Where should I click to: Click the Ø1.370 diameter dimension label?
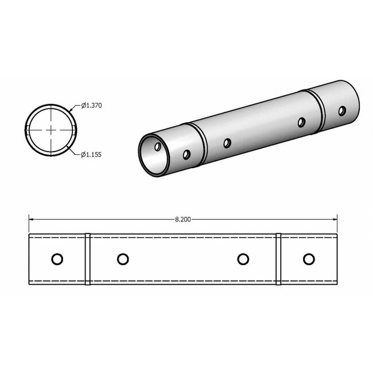(91, 105)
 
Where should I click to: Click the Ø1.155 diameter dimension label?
(91, 154)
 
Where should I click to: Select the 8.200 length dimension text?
(184, 219)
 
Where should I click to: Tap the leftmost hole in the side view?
(57, 259)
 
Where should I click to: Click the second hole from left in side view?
(122, 259)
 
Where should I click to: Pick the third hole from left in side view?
(243, 259)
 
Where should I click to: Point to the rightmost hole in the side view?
(309, 259)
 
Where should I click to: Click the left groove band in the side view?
(88, 259)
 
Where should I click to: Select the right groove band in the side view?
(278, 259)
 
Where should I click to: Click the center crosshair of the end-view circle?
(52, 130)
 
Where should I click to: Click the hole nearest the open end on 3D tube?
(187, 154)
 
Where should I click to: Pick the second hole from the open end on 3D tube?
(227, 143)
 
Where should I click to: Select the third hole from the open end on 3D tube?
(301, 122)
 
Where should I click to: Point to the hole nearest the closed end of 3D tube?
(342, 110)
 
